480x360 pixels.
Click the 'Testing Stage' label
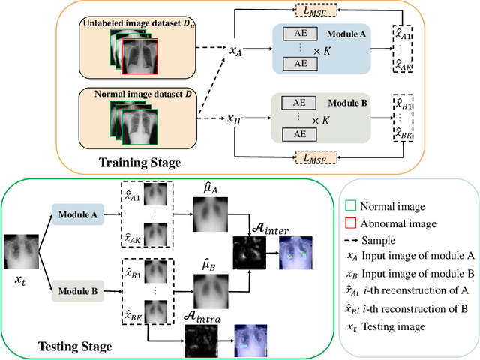[x=74, y=346]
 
